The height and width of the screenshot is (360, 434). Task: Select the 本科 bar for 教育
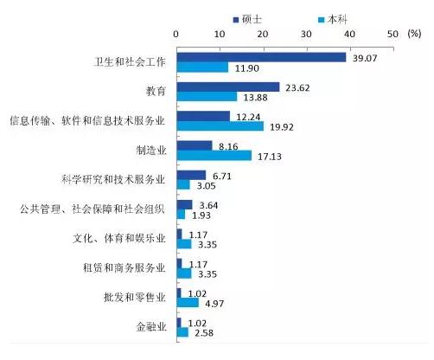tap(207, 97)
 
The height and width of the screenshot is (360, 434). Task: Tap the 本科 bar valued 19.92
tap(220, 126)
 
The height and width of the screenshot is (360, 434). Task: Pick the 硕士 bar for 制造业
tap(195, 145)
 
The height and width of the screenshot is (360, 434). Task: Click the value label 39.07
tap(368, 57)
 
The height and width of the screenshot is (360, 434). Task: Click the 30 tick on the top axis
tap(306, 33)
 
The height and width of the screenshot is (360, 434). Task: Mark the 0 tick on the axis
tap(176, 33)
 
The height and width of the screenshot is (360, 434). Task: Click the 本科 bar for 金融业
tap(182, 332)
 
